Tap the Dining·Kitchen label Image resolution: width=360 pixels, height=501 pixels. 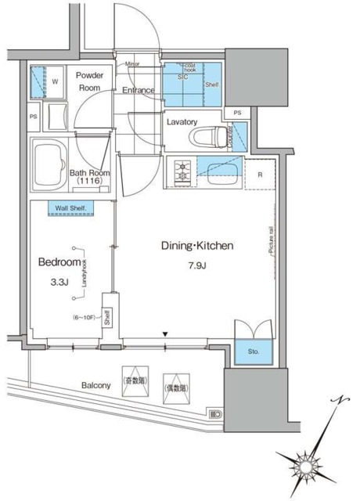(198, 246)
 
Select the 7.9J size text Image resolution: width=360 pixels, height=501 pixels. (197, 266)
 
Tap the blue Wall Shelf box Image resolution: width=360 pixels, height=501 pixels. (70, 207)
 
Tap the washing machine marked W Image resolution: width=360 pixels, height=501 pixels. (46, 81)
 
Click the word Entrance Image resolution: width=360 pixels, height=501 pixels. (137, 90)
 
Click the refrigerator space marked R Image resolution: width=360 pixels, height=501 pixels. (260, 174)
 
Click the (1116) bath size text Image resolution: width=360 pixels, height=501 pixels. (88, 182)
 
